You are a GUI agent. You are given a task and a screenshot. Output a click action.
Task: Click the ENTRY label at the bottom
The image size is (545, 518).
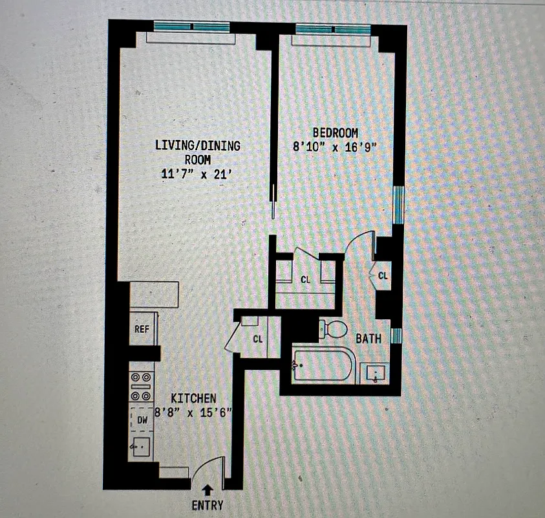[x=208, y=505]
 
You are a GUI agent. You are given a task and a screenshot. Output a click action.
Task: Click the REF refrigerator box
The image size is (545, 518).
[x=142, y=329]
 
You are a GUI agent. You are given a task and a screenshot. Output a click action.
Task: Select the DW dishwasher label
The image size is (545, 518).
[x=142, y=420]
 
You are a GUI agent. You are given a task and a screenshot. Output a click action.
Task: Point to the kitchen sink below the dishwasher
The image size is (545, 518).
[x=141, y=446]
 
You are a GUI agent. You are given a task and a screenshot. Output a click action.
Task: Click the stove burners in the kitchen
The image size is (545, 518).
[x=142, y=387]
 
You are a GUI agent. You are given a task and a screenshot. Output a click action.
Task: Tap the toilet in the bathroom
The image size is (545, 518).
[x=334, y=328]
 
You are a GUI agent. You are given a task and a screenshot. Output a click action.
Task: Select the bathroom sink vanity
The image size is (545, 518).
[x=377, y=374]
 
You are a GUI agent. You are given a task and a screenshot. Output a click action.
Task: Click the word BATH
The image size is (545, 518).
[x=368, y=338]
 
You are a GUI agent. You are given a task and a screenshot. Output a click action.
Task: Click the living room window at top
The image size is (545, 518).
[x=191, y=27]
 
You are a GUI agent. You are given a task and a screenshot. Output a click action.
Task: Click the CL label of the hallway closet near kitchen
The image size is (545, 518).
[x=258, y=338]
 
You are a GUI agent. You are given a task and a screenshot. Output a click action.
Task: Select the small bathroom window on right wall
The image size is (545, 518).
[x=397, y=335]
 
